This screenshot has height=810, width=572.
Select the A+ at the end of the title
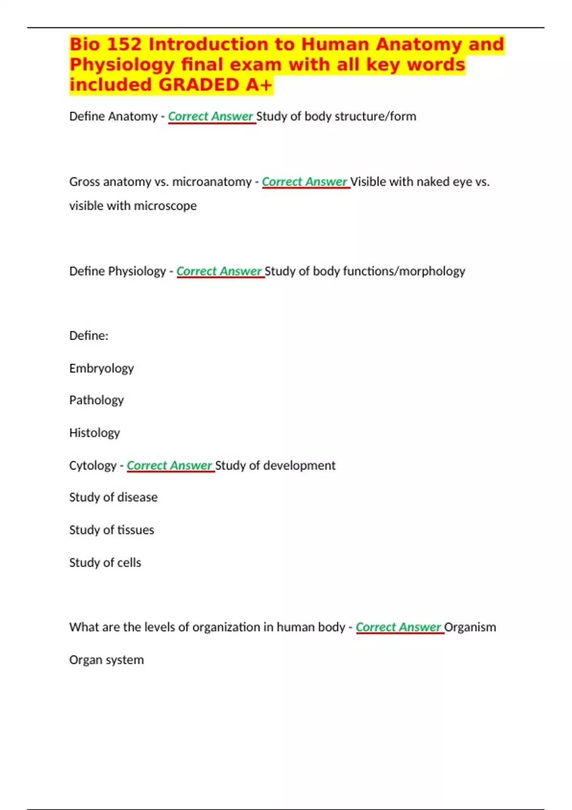point(259,85)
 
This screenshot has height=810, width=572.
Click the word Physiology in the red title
point(122,65)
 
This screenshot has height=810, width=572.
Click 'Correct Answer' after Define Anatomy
point(211,116)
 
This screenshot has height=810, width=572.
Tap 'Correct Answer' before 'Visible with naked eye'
point(305,182)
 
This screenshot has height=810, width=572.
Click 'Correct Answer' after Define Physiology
point(219,271)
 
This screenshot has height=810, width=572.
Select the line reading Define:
point(89,336)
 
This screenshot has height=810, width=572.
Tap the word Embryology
point(102,368)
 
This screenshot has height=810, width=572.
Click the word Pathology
point(96,400)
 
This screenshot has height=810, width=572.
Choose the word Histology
point(94,433)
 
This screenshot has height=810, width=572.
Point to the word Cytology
point(92,466)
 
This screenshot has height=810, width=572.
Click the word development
point(299,466)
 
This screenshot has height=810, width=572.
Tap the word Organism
point(470,627)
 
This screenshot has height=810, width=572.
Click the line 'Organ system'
point(106,660)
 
